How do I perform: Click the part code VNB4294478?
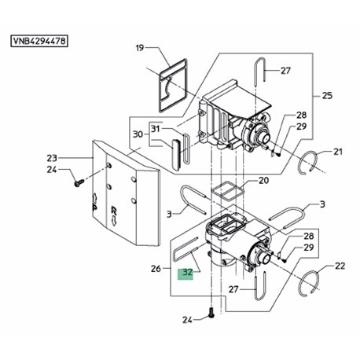tap(39, 41)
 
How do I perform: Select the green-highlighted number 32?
tap(188, 273)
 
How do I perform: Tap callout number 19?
tap(140, 48)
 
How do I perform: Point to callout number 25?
tap(327, 96)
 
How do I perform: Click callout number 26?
tap(156, 269)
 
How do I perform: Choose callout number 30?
tap(138, 134)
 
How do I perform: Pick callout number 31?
tap(156, 129)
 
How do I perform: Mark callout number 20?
tap(263, 181)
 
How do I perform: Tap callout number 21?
tap(338, 152)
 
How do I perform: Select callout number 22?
tap(340, 266)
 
